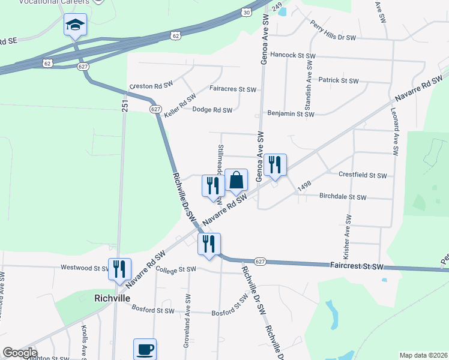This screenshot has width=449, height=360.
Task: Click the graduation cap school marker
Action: (75, 25)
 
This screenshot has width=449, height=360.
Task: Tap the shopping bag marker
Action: (237, 180)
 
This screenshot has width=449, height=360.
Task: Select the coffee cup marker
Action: (145, 350)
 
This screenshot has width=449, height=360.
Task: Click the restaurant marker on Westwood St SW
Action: (119, 269)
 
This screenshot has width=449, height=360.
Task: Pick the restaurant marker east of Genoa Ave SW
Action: (275, 165)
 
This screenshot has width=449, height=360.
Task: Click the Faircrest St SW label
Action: (357, 265)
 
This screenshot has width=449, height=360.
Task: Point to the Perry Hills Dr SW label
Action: (333, 31)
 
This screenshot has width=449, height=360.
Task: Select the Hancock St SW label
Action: (292, 55)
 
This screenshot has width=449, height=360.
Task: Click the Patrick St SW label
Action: (338, 80)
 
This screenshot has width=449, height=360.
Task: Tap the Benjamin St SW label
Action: (291, 114)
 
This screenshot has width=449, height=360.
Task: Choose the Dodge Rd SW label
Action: (212, 110)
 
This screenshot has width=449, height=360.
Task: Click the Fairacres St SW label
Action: (233, 89)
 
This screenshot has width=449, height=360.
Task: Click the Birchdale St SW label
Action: (342, 197)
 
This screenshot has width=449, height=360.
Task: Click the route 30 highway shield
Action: (247, 12)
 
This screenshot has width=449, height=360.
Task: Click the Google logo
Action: (19, 353)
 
